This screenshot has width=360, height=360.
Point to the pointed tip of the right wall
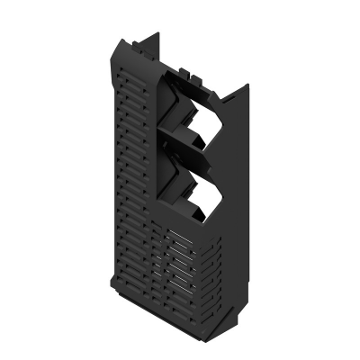click(247, 85)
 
